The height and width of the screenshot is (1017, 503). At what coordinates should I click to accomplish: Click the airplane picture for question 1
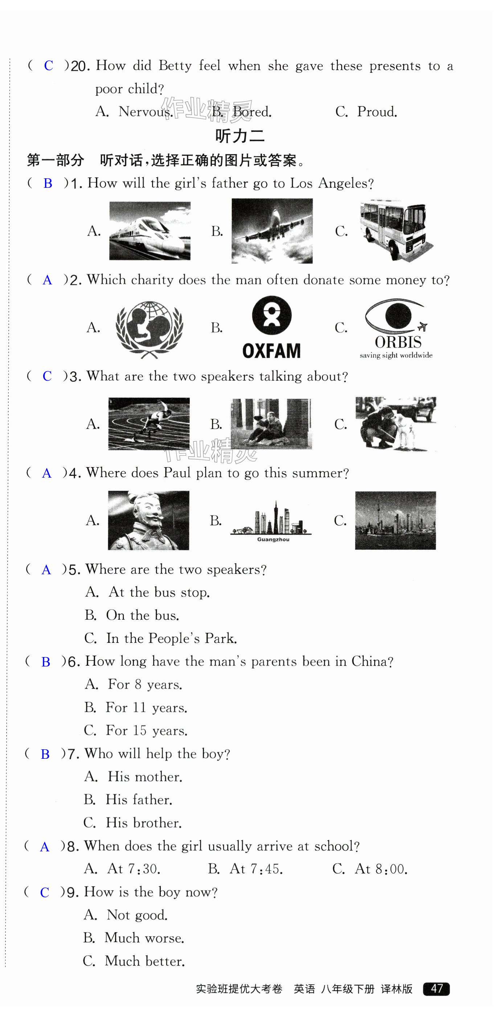pos(272,231)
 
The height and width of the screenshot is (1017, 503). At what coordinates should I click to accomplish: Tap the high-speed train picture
pos(150,231)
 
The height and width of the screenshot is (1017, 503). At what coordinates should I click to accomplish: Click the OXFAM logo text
pos(271,351)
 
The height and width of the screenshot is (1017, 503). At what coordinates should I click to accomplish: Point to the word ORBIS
pos(398,342)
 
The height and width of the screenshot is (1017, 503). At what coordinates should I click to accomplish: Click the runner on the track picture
pos(149,424)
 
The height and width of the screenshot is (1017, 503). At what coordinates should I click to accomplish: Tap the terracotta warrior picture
pos(148,520)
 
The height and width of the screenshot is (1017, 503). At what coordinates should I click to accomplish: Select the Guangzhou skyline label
pos(273,539)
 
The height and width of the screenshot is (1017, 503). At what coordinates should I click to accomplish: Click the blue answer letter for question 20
pos(49,65)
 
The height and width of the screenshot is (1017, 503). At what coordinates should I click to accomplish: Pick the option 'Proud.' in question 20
pos(377,112)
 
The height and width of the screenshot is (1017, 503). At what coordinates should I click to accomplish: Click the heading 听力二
pos(240,136)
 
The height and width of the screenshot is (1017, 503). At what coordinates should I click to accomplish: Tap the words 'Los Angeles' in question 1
pos(331,183)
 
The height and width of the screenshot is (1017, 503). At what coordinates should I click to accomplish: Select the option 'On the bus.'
pos(142,615)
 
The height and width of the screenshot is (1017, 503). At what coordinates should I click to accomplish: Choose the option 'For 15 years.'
pos(146,730)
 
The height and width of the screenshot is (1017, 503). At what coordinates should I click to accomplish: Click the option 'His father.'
pos(139,799)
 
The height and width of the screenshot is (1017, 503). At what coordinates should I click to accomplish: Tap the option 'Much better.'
pos(144,961)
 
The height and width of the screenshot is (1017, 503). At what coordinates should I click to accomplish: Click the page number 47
pos(436,989)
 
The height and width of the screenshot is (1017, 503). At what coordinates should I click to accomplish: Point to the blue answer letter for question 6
pos(46,662)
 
